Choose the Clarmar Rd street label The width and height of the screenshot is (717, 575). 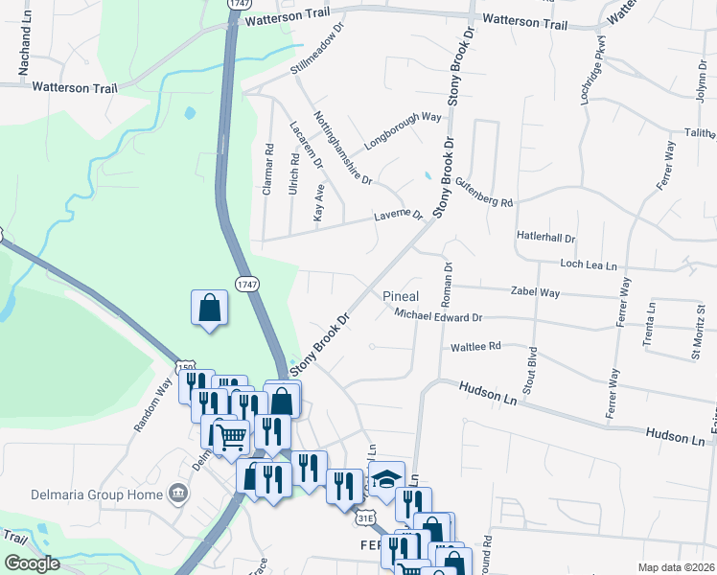click(268, 170)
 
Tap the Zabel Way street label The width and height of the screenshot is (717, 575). click(535, 292)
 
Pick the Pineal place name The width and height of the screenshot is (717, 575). click(401, 296)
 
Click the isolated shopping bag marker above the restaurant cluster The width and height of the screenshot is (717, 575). click(209, 309)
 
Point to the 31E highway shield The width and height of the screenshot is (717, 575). click(364, 517)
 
